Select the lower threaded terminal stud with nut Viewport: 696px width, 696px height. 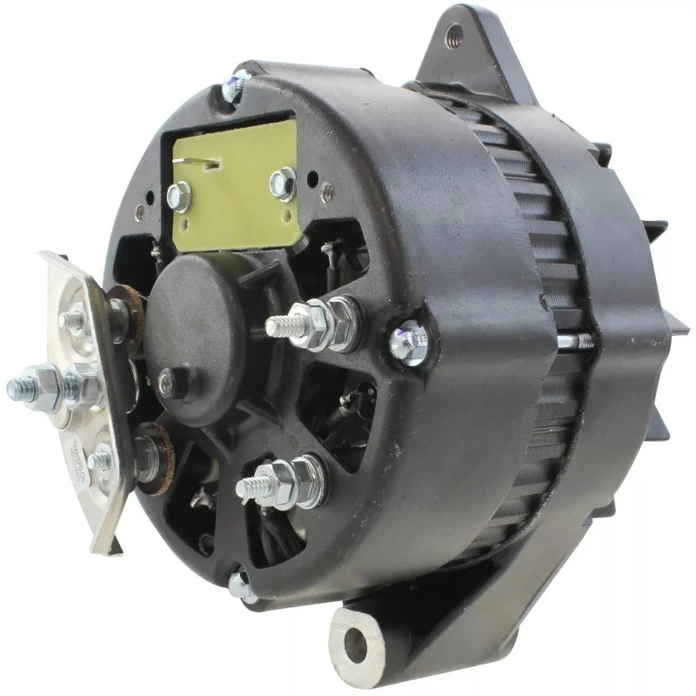283,476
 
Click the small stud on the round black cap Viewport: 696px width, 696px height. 166,377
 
